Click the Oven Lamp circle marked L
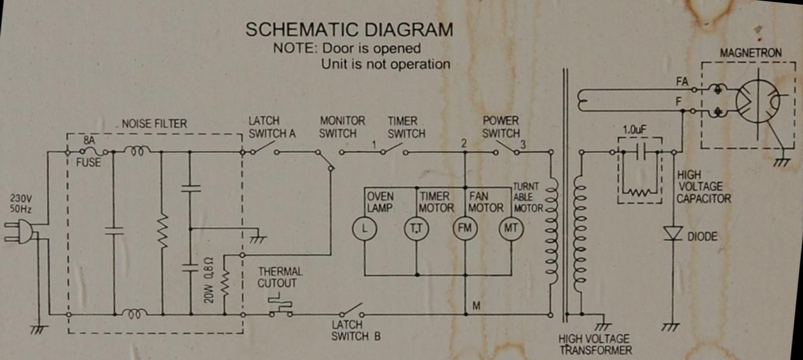click(364, 230)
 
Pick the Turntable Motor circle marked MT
click(511, 230)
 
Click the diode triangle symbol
click(673, 234)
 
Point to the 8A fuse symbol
click(88, 152)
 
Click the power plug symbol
click(18, 232)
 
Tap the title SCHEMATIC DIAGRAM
click(350, 30)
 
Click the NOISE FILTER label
click(154, 123)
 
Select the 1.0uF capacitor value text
click(635, 130)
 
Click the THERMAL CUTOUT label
click(280, 277)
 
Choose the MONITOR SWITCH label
click(342, 126)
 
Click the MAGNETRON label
click(749, 52)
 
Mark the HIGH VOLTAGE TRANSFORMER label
click(595, 345)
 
